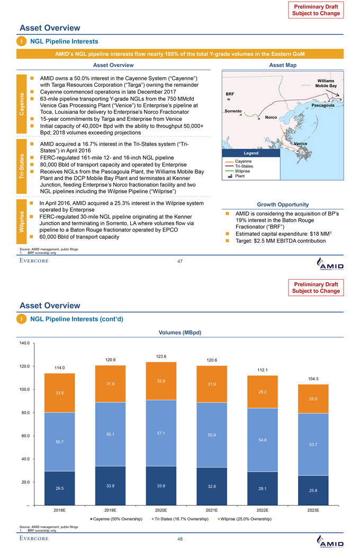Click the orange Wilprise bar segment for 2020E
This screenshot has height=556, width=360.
pos(161,381)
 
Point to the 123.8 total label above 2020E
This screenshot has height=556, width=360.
pos(161,357)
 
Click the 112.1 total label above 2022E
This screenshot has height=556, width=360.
pos(263,370)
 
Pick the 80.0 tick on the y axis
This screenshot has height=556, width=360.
pos(24,412)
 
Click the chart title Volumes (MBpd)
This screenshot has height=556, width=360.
pos(180,333)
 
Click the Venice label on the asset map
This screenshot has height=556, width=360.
pos(301,144)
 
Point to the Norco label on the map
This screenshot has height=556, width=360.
pos(272,117)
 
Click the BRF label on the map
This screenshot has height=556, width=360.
pos(229,93)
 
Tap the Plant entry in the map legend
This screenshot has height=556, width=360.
pos(240,176)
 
